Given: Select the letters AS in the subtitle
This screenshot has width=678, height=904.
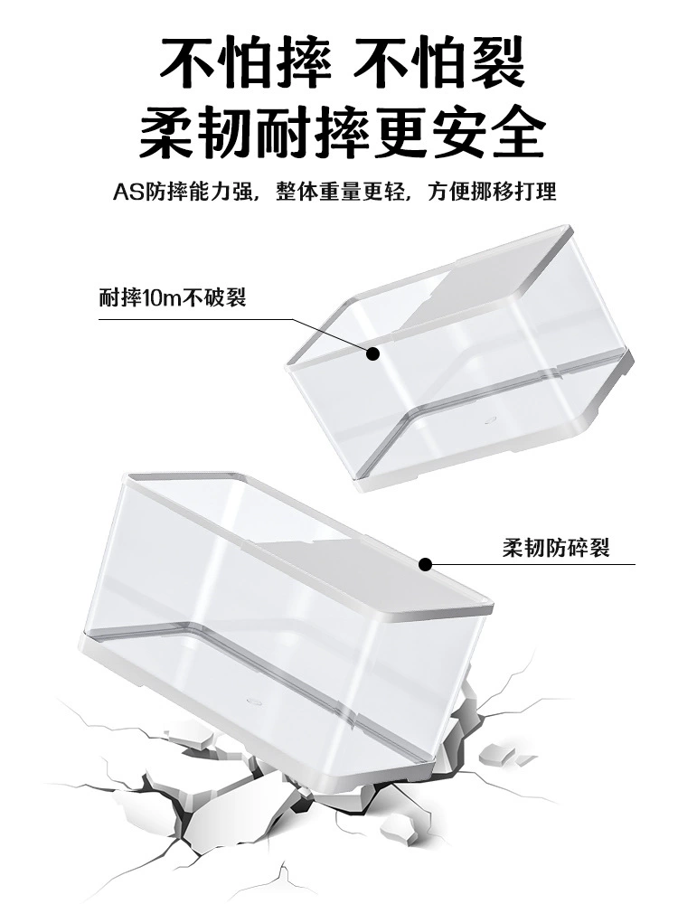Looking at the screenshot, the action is point(128,192).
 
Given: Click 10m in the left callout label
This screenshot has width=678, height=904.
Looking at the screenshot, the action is point(163,298).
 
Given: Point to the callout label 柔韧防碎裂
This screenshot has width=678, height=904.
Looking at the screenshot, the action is point(555,547).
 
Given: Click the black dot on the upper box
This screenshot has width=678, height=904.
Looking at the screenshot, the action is point(373,353).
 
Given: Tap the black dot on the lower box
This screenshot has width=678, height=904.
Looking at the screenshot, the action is point(425,564).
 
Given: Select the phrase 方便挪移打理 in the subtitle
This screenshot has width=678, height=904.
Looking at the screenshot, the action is point(492,192).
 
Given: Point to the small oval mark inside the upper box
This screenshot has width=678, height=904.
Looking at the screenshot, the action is point(492,419).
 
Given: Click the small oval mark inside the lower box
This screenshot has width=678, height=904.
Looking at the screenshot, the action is point(254,702).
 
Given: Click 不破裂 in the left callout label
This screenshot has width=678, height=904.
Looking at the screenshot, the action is point(214,298).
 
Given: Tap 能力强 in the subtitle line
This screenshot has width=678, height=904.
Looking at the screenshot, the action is point(221,192).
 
